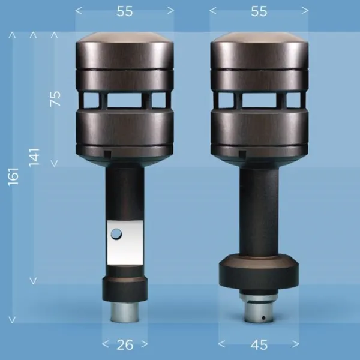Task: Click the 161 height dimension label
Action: [x=13, y=176]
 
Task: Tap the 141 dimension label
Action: [x=34, y=157]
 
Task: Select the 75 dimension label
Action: [x=55, y=99]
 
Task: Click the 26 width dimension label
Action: [x=125, y=344]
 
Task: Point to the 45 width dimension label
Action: [x=259, y=344]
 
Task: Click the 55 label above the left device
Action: [x=125, y=11]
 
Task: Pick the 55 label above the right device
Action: [x=259, y=11]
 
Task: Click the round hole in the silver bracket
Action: [x=116, y=234]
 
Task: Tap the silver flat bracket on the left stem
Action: [x=125, y=242]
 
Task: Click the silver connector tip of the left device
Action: [x=125, y=312]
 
